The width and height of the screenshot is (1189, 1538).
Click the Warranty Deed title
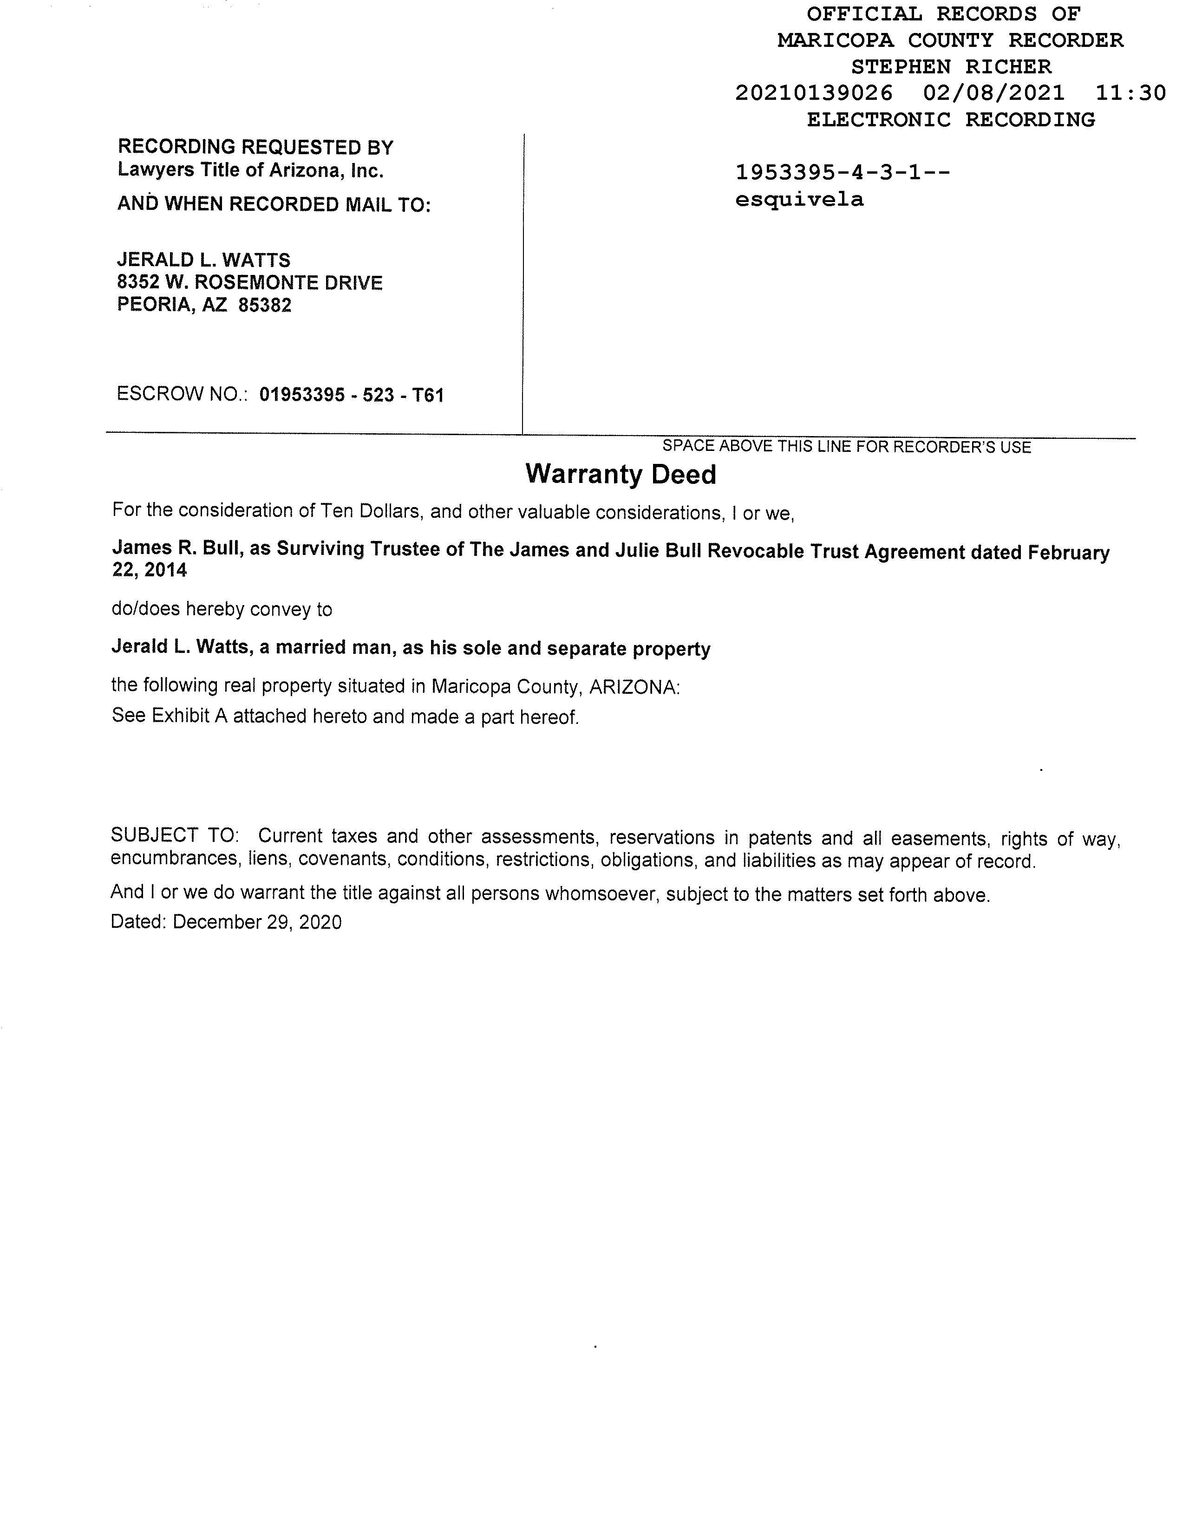621,474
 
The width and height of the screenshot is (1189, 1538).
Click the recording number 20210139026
814,93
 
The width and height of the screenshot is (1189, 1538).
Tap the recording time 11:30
1130,93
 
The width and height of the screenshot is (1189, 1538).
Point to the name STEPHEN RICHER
951,67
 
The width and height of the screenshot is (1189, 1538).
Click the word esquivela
799,200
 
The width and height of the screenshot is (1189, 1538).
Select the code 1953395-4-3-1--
843,173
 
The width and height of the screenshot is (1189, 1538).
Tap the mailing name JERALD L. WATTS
203,261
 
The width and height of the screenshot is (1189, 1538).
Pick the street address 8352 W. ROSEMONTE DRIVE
250,283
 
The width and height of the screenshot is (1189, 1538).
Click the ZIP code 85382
265,306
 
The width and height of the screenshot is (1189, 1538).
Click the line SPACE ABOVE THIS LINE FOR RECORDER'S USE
846,446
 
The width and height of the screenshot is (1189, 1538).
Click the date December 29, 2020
257,923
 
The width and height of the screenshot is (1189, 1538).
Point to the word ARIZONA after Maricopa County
634,687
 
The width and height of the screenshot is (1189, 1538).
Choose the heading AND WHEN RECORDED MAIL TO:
273,204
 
